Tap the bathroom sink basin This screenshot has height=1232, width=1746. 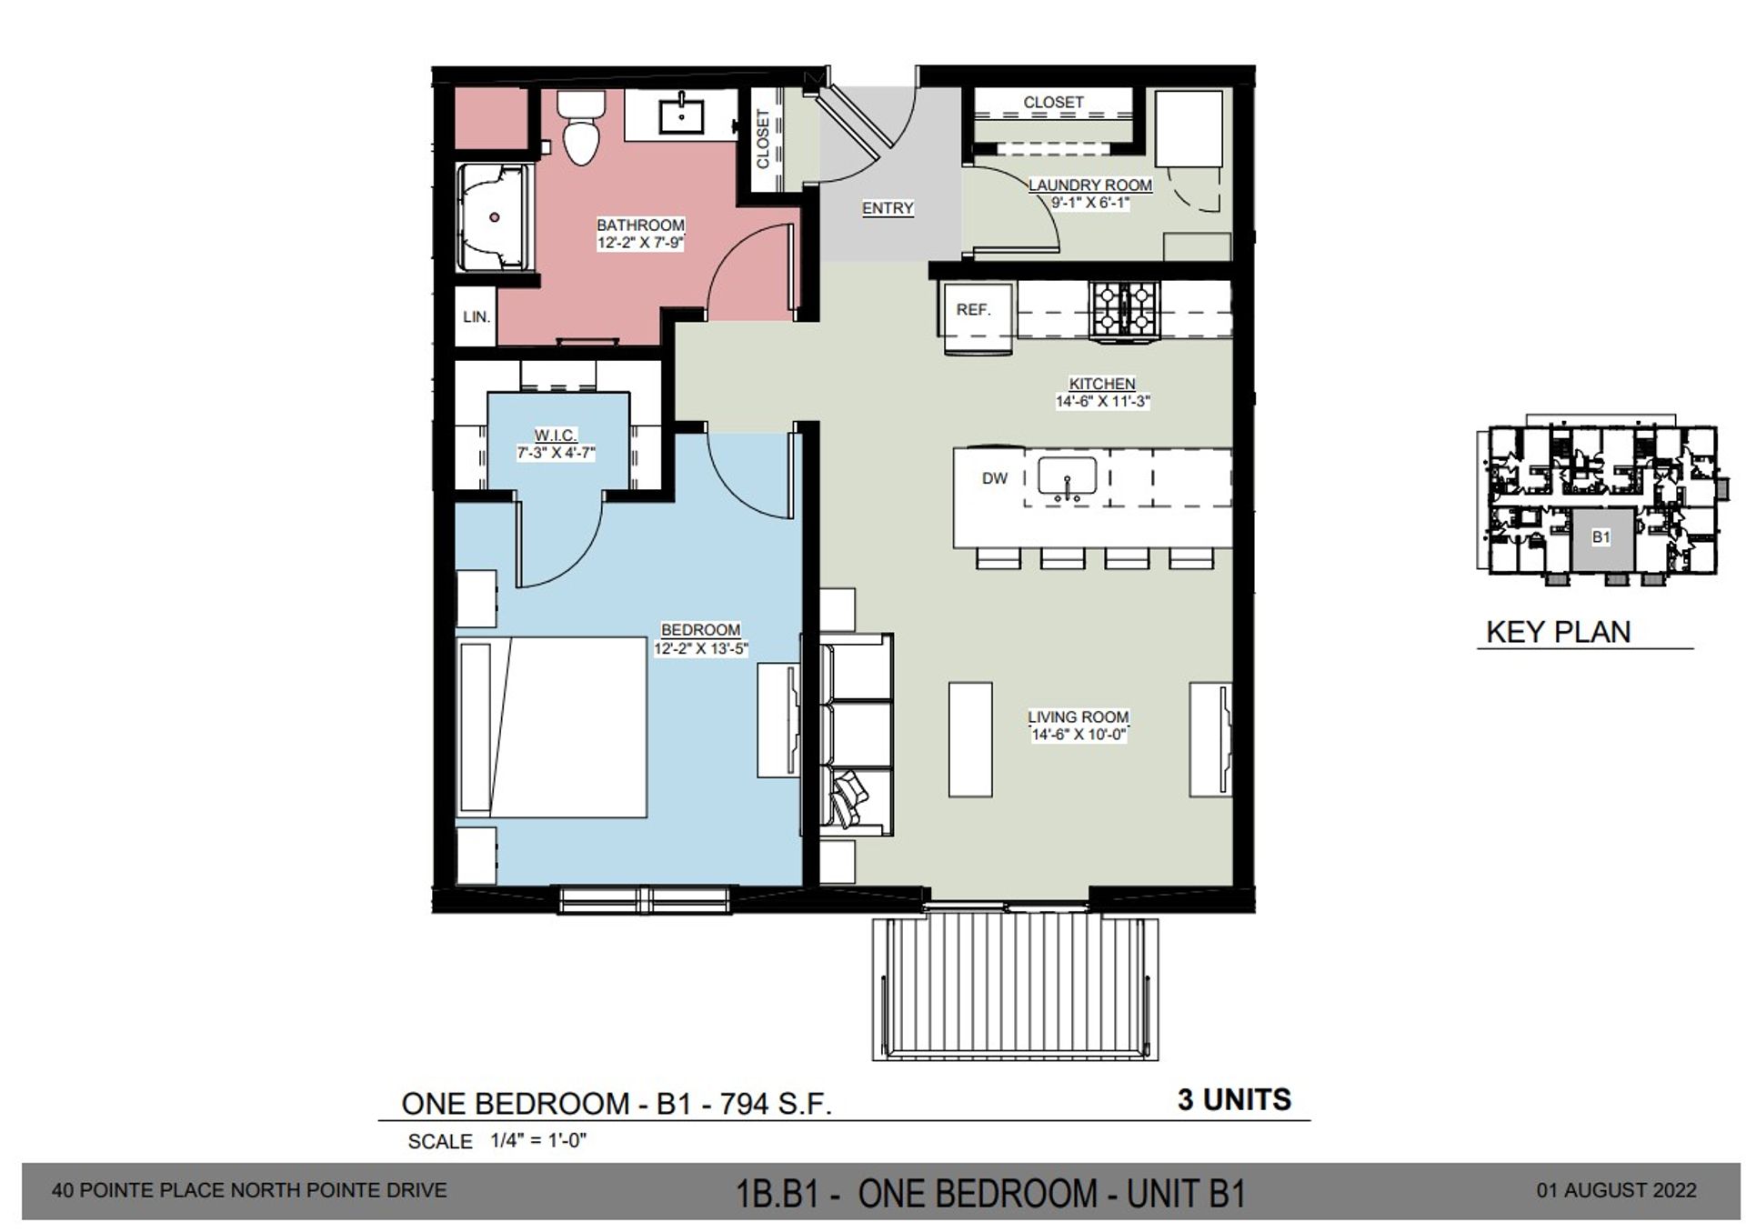pyautogui.click(x=680, y=116)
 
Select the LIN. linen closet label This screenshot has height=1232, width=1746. pyautogui.click(x=477, y=317)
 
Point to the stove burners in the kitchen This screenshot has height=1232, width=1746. pyautogui.click(x=1125, y=310)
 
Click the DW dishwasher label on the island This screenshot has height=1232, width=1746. pyautogui.click(x=994, y=478)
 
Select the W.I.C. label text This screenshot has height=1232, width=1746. pyautogui.click(x=555, y=436)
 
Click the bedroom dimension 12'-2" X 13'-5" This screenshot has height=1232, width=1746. pyautogui.click(x=700, y=648)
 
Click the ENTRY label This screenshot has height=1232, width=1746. pyautogui.click(x=888, y=208)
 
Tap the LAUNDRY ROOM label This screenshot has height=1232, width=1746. pyautogui.click(x=1090, y=185)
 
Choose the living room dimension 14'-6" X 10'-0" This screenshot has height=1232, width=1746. pyautogui.click(x=1079, y=735)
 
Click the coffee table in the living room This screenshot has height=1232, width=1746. pyautogui.click(x=970, y=740)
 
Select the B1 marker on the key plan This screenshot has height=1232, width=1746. pyautogui.click(x=1600, y=537)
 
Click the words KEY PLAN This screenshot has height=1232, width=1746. pyautogui.click(x=1558, y=632)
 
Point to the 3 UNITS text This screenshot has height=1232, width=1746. pyautogui.click(x=1234, y=1100)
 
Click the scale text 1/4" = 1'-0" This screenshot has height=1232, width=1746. pyautogui.click(x=538, y=1140)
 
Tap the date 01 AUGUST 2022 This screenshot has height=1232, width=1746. pyautogui.click(x=1616, y=1190)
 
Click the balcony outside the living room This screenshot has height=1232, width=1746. pyautogui.click(x=1016, y=988)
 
